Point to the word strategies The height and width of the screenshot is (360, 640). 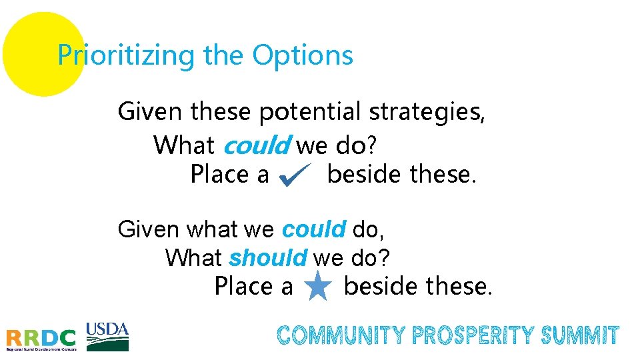tap(427, 112)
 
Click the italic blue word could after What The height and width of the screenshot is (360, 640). tap(257, 144)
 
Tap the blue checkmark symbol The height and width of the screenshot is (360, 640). tap(293, 177)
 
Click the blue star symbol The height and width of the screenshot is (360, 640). tap(318, 288)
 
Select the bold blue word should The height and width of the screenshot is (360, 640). tap(267, 257)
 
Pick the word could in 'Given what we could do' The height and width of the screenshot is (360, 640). tap(313, 229)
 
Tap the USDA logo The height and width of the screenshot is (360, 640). tap(107, 336)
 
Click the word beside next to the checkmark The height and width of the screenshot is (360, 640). tap(365, 175)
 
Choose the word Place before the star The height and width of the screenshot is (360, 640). tap(244, 287)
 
